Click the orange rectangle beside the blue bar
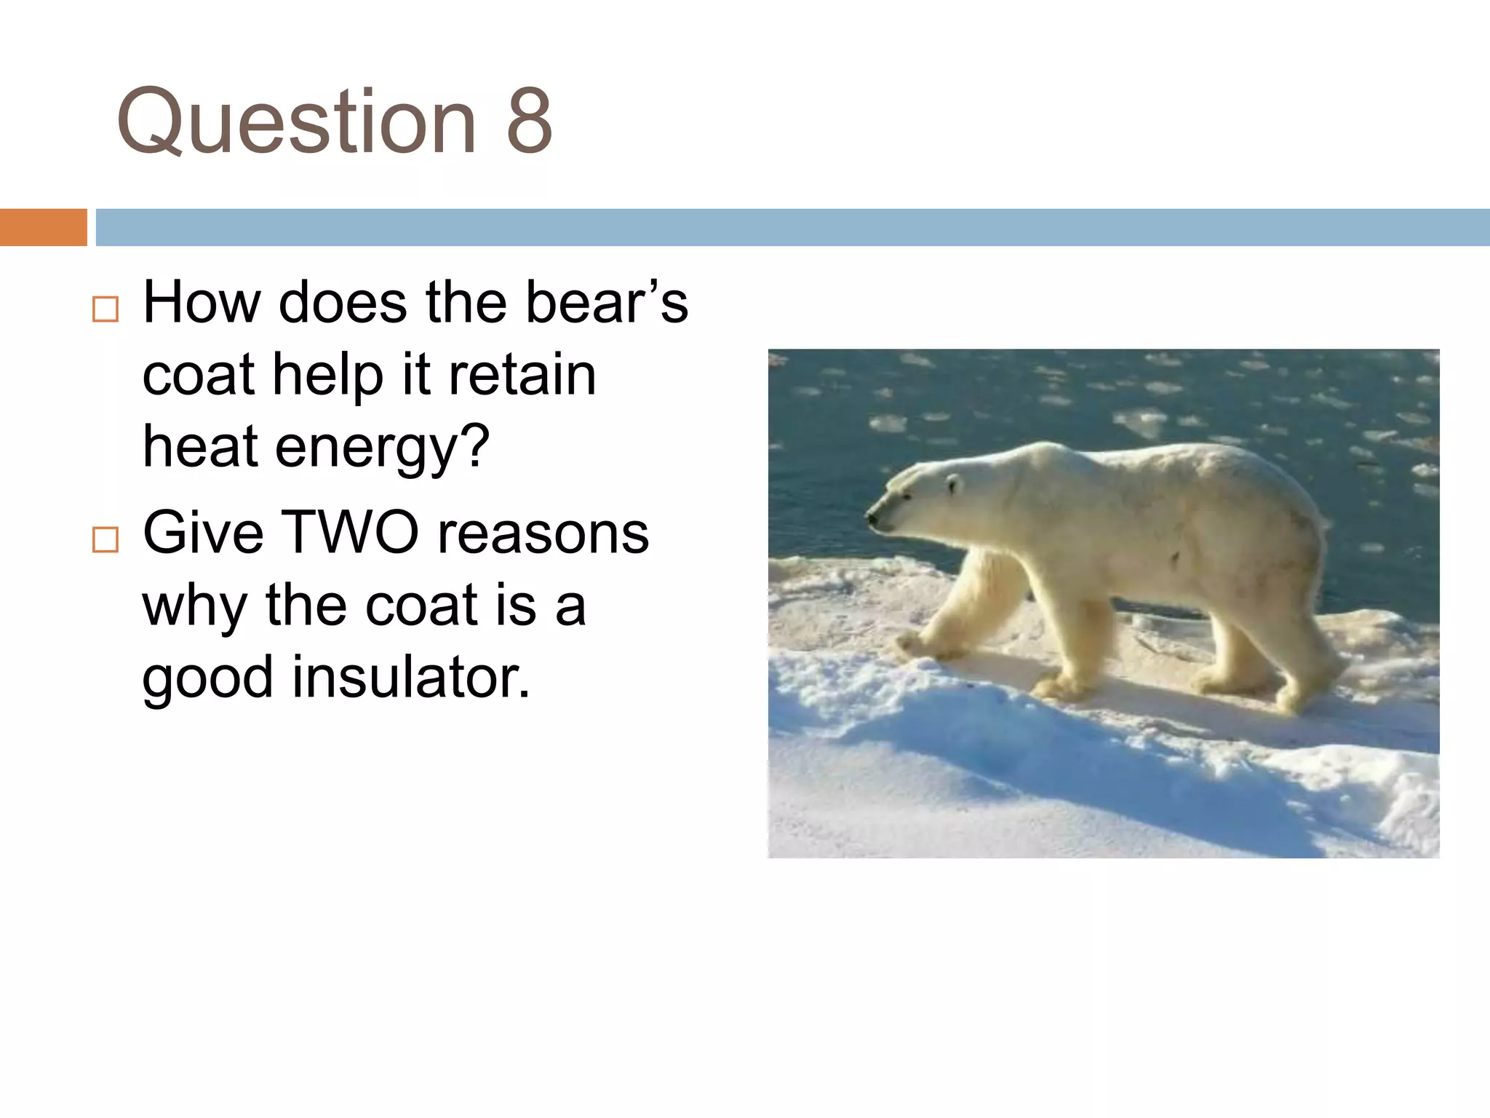point(43,227)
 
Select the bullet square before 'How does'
point(105,309)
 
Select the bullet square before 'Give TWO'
point(105,540)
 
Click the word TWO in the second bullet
point(349,532)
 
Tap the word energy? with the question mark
point(382,447)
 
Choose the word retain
point(522,375)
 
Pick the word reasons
point(543,532)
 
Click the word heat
point(200,447)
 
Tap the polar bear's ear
point(953,481)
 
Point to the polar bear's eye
point(907,496)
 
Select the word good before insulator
point(208,677)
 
